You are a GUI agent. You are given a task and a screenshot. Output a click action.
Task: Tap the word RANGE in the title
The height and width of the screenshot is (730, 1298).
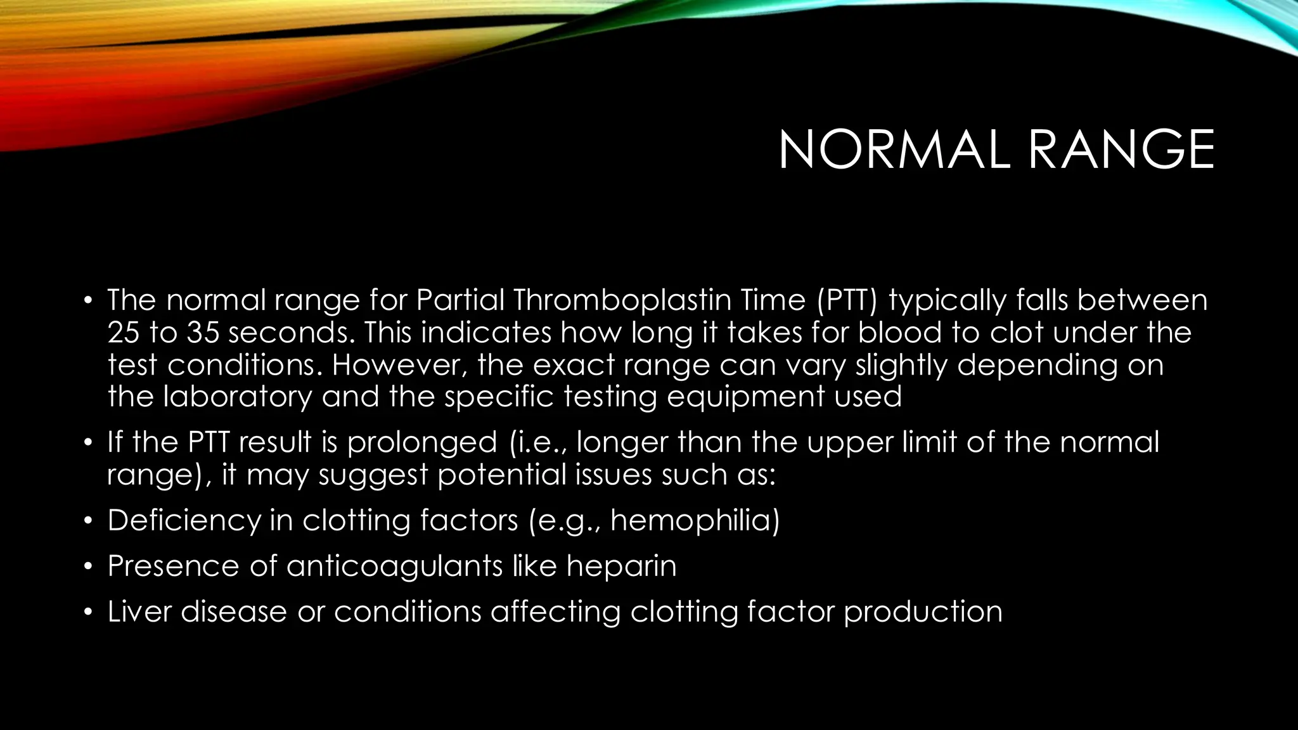1121,150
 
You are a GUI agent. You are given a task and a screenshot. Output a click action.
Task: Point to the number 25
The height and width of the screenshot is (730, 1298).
124,333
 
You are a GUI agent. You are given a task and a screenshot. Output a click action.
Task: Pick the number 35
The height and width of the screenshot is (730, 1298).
202,333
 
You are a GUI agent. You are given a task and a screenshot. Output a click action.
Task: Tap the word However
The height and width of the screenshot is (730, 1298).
399,365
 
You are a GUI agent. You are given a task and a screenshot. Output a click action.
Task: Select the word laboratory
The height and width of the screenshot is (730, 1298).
238,397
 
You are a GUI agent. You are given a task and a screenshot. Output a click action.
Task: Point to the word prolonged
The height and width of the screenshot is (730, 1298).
422,442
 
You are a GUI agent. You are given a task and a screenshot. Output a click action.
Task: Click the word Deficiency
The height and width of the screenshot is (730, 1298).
184,520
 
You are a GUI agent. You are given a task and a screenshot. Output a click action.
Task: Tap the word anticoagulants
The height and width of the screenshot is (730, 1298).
395,566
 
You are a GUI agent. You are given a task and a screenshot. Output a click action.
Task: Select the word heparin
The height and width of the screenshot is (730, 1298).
622,566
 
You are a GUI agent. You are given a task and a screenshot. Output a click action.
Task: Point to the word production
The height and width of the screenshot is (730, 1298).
923,612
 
